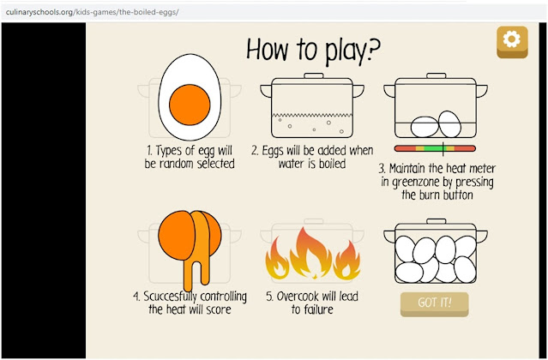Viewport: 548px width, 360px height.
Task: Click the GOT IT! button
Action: pos(434,303)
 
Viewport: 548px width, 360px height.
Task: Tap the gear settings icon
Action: pos(512,39)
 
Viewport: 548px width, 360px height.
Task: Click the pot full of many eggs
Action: pos(434,254)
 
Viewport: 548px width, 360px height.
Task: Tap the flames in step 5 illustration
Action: pos(311,253)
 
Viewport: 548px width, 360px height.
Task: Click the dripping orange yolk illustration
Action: pos(191,244)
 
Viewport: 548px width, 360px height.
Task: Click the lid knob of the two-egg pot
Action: pos(437,76)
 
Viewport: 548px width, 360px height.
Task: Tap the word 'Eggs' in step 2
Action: pos(276,151)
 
